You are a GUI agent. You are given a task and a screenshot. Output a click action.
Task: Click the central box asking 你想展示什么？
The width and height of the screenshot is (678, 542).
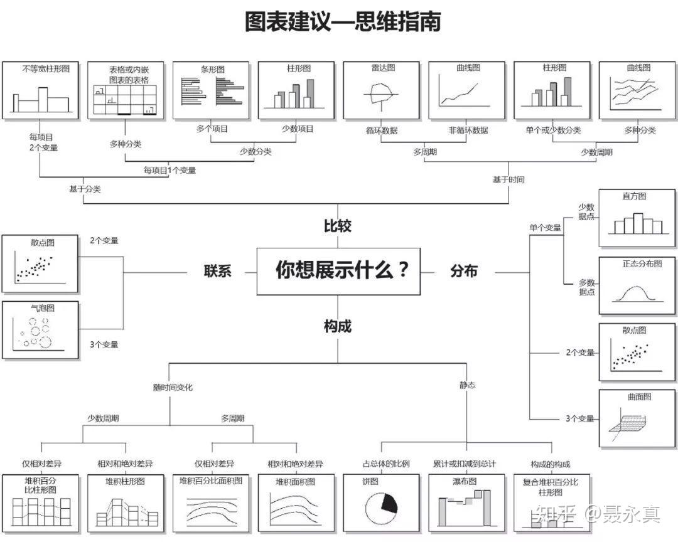[338, 271]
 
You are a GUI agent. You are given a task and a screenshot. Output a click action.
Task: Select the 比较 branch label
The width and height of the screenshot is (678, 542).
[338, 226]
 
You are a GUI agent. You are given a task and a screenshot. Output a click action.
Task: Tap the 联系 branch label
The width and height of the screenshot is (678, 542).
[218, 271]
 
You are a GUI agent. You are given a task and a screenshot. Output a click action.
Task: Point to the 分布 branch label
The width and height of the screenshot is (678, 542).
[464, 271]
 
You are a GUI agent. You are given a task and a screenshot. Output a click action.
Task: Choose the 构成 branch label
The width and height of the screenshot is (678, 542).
[338, 326]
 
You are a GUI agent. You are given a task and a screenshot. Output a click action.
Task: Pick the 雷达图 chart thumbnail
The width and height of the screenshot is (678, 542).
[382, 90]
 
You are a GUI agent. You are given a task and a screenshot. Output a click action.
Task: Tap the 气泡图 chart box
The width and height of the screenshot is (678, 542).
[40, 330]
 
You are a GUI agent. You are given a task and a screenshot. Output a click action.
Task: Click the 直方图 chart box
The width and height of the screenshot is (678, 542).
[638, 218]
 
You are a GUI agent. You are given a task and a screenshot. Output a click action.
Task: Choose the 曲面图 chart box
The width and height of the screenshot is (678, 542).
[638, 418]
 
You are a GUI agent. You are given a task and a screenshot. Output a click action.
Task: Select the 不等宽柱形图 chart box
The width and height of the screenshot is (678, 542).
[41, 90]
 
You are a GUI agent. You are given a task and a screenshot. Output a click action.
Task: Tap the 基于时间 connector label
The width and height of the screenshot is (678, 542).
[508, 180]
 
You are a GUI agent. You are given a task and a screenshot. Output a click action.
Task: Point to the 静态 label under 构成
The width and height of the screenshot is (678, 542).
[467, 385]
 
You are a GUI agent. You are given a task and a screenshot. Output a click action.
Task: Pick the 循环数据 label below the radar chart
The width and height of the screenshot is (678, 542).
[382, 130]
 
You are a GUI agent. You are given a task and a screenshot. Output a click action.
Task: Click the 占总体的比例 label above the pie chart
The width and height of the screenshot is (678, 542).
[386, 464]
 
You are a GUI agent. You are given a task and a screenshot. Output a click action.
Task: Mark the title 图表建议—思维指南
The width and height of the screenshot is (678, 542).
[343, 22]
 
